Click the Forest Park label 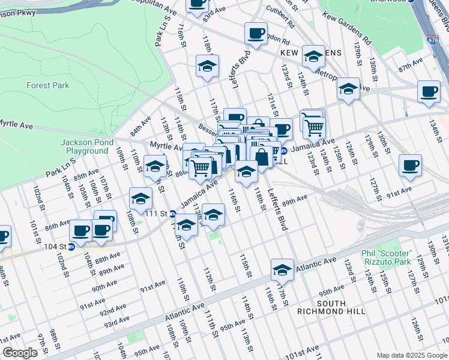[47, 86]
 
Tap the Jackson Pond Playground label [84, 146]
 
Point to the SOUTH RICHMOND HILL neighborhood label [331, 307]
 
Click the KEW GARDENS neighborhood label [310, 53]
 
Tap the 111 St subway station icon [172, 214]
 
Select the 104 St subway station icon [71, 246]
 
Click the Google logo [20, 353]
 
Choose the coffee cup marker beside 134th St [429, 92]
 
